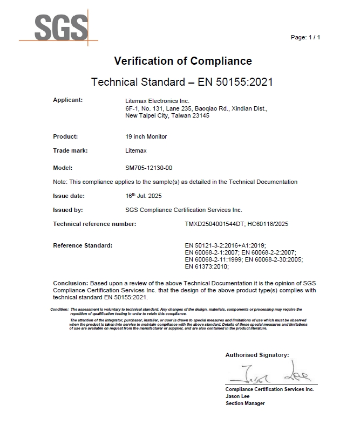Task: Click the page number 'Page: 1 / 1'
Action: [305, 37]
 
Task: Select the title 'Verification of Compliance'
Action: [183, 61]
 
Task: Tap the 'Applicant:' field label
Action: [67, 100]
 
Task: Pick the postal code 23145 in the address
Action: [200, 116]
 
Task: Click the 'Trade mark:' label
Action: [70, 150]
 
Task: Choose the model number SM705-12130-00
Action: [149, 168]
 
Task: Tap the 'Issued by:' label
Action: [67, 210]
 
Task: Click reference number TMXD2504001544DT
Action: [215, 224]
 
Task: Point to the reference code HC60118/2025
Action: [268, 224]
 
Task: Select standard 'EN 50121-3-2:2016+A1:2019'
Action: [225, 245]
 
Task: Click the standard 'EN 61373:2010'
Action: [207, 266]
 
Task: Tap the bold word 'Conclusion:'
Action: [70, 283]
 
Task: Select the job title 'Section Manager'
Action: [245, 403]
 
